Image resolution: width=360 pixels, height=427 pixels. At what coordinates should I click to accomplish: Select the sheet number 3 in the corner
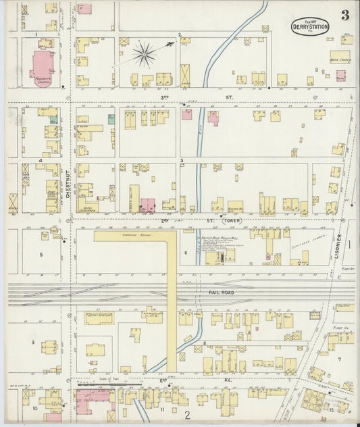tap(345, 15)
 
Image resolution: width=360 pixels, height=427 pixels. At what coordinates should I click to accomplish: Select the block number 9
tap(32, 343)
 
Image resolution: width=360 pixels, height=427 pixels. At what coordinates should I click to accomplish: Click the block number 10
tap(34, 409)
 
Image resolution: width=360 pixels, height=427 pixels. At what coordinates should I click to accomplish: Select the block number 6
tap(185, 252)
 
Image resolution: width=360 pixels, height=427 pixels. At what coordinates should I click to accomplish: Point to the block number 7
tap(340, 359)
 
